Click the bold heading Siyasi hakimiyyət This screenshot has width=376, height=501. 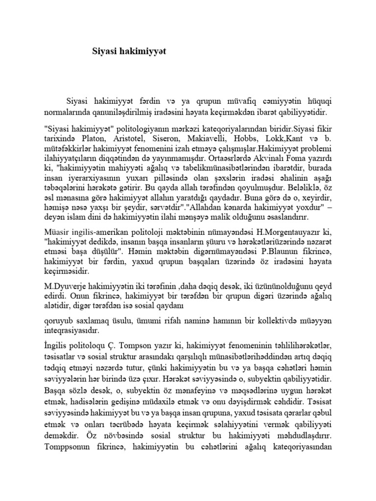129,51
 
